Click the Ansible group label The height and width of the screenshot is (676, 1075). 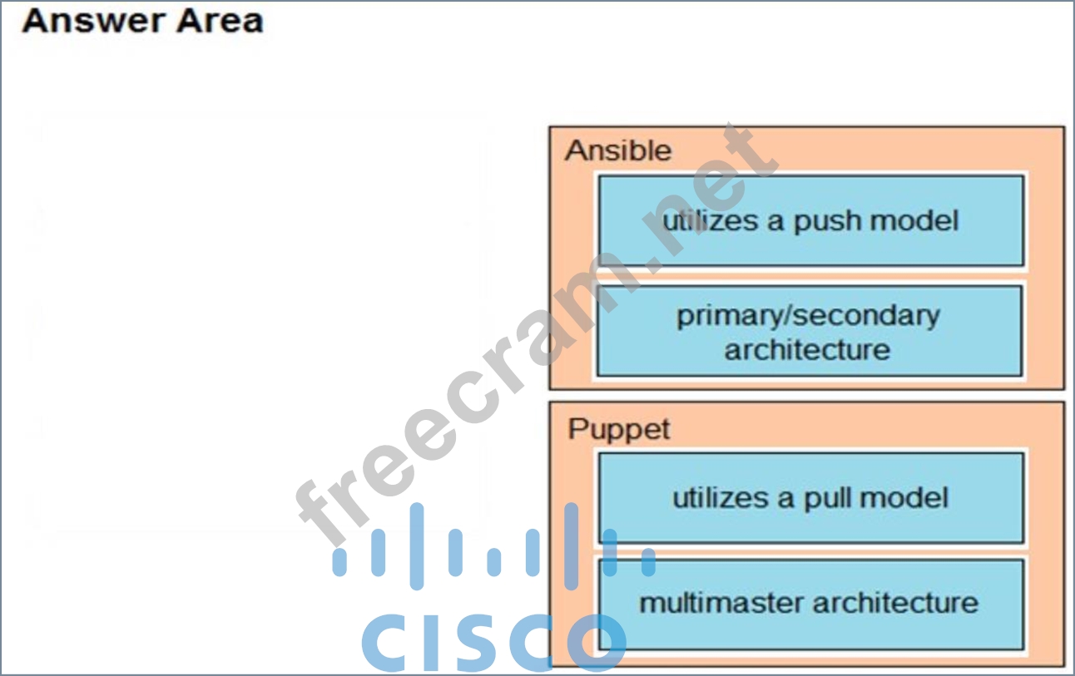(617, 151)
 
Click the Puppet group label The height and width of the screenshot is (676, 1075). (618, 430)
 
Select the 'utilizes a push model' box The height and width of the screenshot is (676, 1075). (810, 221)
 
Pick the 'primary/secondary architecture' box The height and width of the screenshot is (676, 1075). (809, 332)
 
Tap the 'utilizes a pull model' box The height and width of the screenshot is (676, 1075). (810, 498)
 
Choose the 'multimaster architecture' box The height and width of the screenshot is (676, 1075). (809, 603)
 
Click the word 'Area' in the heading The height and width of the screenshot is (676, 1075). (222, 21)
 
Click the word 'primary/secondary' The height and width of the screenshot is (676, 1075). (808, 316)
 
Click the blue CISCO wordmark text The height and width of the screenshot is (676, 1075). (493, 643)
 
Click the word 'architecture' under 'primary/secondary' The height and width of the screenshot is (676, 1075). (807, 349)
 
